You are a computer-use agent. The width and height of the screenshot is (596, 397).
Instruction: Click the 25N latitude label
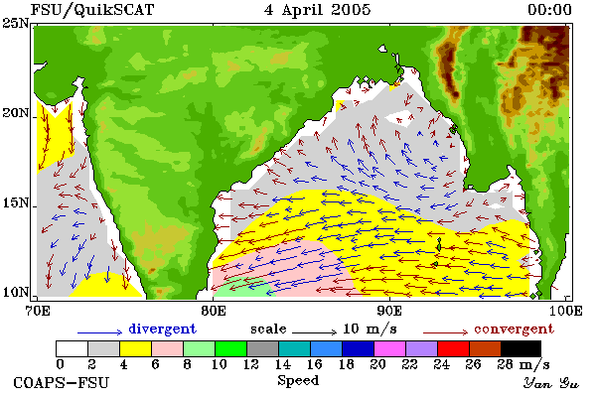(x=16, y=24)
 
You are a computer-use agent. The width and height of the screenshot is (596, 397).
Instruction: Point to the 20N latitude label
(x=16, y=113)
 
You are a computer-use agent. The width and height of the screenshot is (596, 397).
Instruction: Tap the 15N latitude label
(x=16, y=202)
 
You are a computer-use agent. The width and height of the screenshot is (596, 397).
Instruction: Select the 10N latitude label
(x=16, y=292)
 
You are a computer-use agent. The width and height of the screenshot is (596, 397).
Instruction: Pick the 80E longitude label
(x=214, y=311)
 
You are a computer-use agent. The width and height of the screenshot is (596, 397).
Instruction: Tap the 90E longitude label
(x=389, y=311)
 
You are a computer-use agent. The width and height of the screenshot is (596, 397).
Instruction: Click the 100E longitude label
(x=565, y=311)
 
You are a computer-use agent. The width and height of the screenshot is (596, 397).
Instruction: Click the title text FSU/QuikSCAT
(x=92, y=10)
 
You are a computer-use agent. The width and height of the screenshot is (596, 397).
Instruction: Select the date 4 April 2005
(x=318, y=10)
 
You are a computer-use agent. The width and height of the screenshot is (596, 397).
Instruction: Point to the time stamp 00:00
(x=549, y=10)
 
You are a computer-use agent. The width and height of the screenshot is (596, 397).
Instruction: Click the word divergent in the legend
(x=162, y=329)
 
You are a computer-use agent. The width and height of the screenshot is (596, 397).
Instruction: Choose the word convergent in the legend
(x=514, y=329)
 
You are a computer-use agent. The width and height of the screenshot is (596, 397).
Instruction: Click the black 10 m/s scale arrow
(x=314, y=332)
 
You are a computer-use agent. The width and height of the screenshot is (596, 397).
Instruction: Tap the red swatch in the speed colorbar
(x=453, y=348)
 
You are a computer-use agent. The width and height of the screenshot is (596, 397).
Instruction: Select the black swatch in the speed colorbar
(x=521, y=348)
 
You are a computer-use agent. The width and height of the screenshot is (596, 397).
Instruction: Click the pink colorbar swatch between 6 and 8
(x=167, y=348)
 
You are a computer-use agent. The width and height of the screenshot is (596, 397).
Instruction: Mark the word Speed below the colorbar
(x=298, y=381)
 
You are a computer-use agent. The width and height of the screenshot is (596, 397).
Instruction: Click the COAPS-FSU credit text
(x=62, y=382)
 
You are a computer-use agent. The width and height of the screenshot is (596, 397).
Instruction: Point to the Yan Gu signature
(x=551, y=383)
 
